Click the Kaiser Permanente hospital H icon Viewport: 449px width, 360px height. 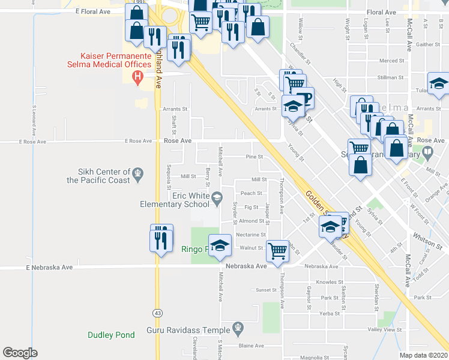(137, 76)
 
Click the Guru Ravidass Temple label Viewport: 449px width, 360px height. (188, 330)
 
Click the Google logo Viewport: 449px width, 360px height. (20, 353)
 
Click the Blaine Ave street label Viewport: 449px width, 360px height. (252, 346)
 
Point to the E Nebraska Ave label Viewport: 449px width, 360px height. (50, 267)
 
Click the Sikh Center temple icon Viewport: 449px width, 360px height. (138, 174)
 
